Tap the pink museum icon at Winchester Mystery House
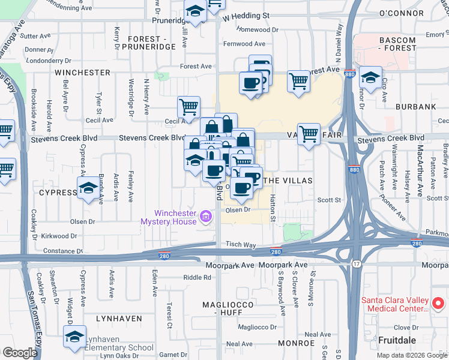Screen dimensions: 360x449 pyautogui.click(x=206, y=216)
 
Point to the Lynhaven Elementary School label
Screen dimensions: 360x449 pyautogui.click(x=119, y=347)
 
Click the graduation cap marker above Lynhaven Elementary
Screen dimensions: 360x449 pyautogui.click(x=75, y=337)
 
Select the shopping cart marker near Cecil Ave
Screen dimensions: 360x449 pyautogui.click(x=188, y=107)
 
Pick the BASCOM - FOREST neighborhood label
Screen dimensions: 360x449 pyautogui.click(x=389, y=44)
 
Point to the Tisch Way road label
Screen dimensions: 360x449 pyautogui.click(x=241, y=245)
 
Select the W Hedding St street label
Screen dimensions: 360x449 pyautogui.click(x=245, y=16)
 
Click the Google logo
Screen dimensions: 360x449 pyautogui.click(x=20, y=353)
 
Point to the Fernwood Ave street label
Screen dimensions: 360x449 pyautogui.click(x=244, y=44)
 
